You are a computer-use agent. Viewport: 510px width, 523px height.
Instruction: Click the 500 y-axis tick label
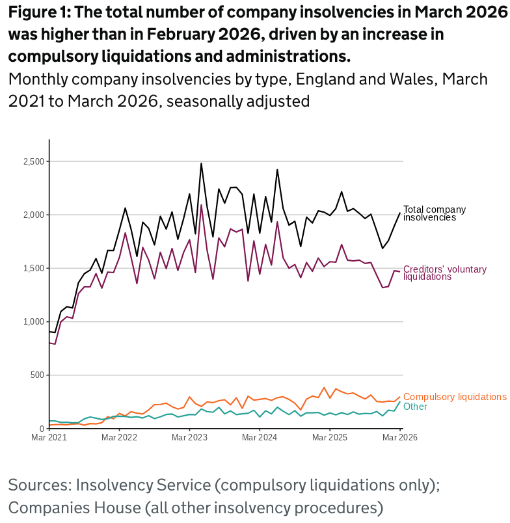37,375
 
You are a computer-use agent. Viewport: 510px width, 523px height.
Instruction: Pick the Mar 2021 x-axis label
49,438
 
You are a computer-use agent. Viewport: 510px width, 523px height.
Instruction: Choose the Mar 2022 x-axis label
120,438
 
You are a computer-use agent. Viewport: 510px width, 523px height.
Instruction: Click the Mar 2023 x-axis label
189,438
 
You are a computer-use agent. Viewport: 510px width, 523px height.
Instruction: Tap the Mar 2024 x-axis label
260,438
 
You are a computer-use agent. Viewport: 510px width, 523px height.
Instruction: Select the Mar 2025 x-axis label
330,438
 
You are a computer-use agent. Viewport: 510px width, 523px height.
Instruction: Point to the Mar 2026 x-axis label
400,438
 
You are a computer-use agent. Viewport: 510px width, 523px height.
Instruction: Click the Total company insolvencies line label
435,213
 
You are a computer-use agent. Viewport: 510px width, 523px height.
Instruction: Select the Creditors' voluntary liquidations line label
445,273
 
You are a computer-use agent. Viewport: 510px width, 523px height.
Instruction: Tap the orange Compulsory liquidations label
455,397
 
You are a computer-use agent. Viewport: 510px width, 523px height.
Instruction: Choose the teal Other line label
416,407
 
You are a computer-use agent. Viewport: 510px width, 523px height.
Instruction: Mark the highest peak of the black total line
201,163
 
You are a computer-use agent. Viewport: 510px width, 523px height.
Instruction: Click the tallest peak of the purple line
201,205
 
